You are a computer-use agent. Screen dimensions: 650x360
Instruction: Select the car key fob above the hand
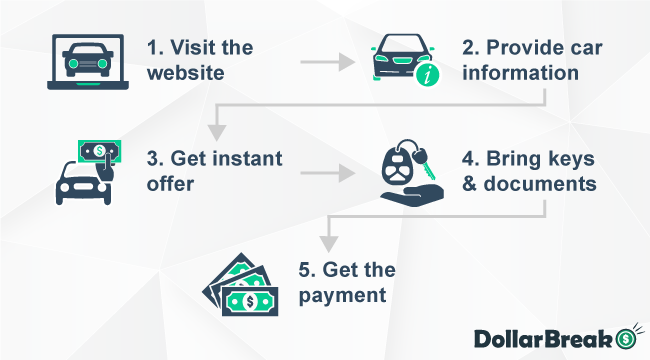pos(398,167)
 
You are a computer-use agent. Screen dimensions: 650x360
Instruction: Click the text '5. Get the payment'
pos(348,282)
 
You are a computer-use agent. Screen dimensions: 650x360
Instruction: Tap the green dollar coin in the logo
pos(627,337)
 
